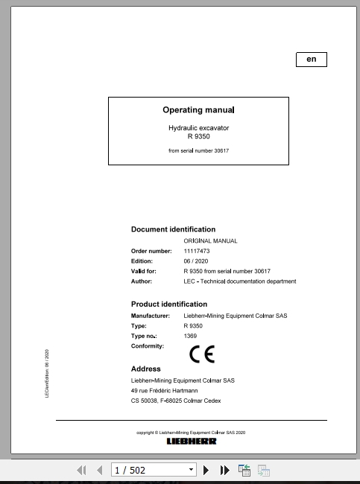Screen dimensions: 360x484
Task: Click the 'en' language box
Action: (x=312, y=60)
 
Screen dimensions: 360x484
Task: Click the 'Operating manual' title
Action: (x=198, y=110)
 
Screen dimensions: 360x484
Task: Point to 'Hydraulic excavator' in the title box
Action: (x=198, y=128)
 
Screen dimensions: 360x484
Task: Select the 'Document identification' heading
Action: (x=173, y=229)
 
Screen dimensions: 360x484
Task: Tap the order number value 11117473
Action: (x=198, y=251)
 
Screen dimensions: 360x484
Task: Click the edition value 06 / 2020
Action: (x=197, y=261)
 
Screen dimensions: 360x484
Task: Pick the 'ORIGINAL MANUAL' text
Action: (x=210, y=241)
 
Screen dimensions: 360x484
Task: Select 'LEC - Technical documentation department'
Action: (x=239, y=281)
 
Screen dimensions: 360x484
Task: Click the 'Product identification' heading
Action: (x=169, y=304)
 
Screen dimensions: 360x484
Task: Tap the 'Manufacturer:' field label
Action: (x=151, y=316)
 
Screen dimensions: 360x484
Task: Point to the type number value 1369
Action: (x=190, y=336)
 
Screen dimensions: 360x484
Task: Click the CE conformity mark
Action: (x=201, y=354)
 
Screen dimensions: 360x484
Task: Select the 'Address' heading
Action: (x=146, y=369)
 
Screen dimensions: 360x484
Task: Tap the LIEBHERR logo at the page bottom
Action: (x=192, y=441)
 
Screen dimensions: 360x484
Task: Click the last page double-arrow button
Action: (x=225, y=470)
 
